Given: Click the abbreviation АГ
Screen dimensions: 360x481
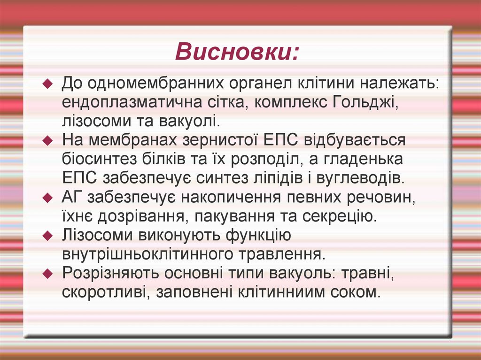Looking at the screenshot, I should [72, 197].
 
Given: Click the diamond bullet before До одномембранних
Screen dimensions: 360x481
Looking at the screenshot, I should [47, 84].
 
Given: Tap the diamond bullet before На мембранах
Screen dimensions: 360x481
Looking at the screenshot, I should [47, 141].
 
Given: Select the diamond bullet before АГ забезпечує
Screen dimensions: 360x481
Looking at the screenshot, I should [47, 198].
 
